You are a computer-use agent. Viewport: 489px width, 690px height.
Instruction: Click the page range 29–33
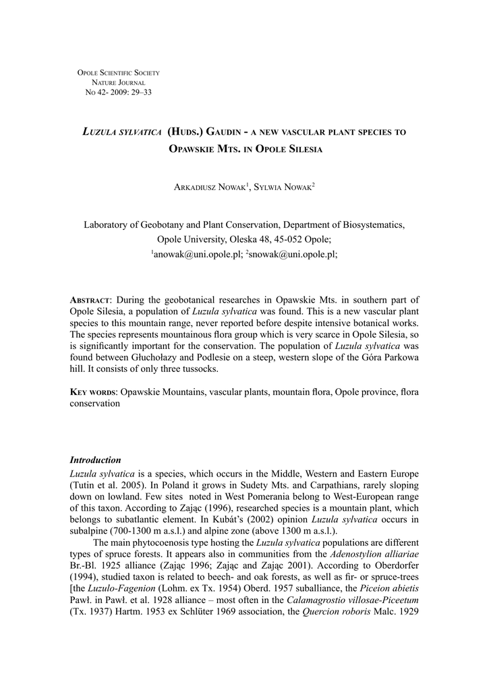pyautogui.click(x=138, y=92)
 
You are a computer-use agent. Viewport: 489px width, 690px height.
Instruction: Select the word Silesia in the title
pyautogui.click(x=299, y=148)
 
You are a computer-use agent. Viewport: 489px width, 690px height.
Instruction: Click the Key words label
pyautogui.click(x=94, y=391)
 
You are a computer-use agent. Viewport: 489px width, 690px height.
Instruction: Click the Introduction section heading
pyautogui.click(x=95, y=460)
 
